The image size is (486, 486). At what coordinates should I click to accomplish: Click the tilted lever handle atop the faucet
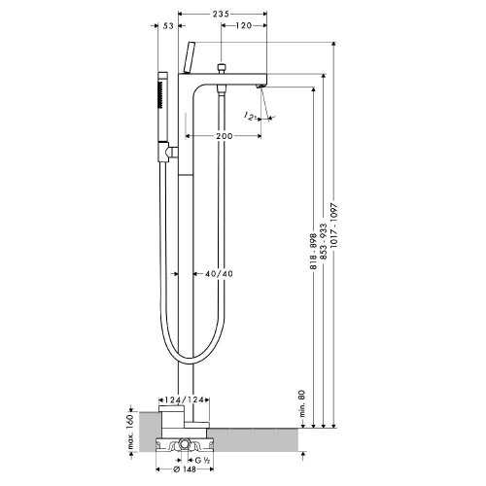[189, 57]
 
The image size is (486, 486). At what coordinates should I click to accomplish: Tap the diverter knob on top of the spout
[224, 69]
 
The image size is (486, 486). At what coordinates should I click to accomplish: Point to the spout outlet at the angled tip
[262, 89]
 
